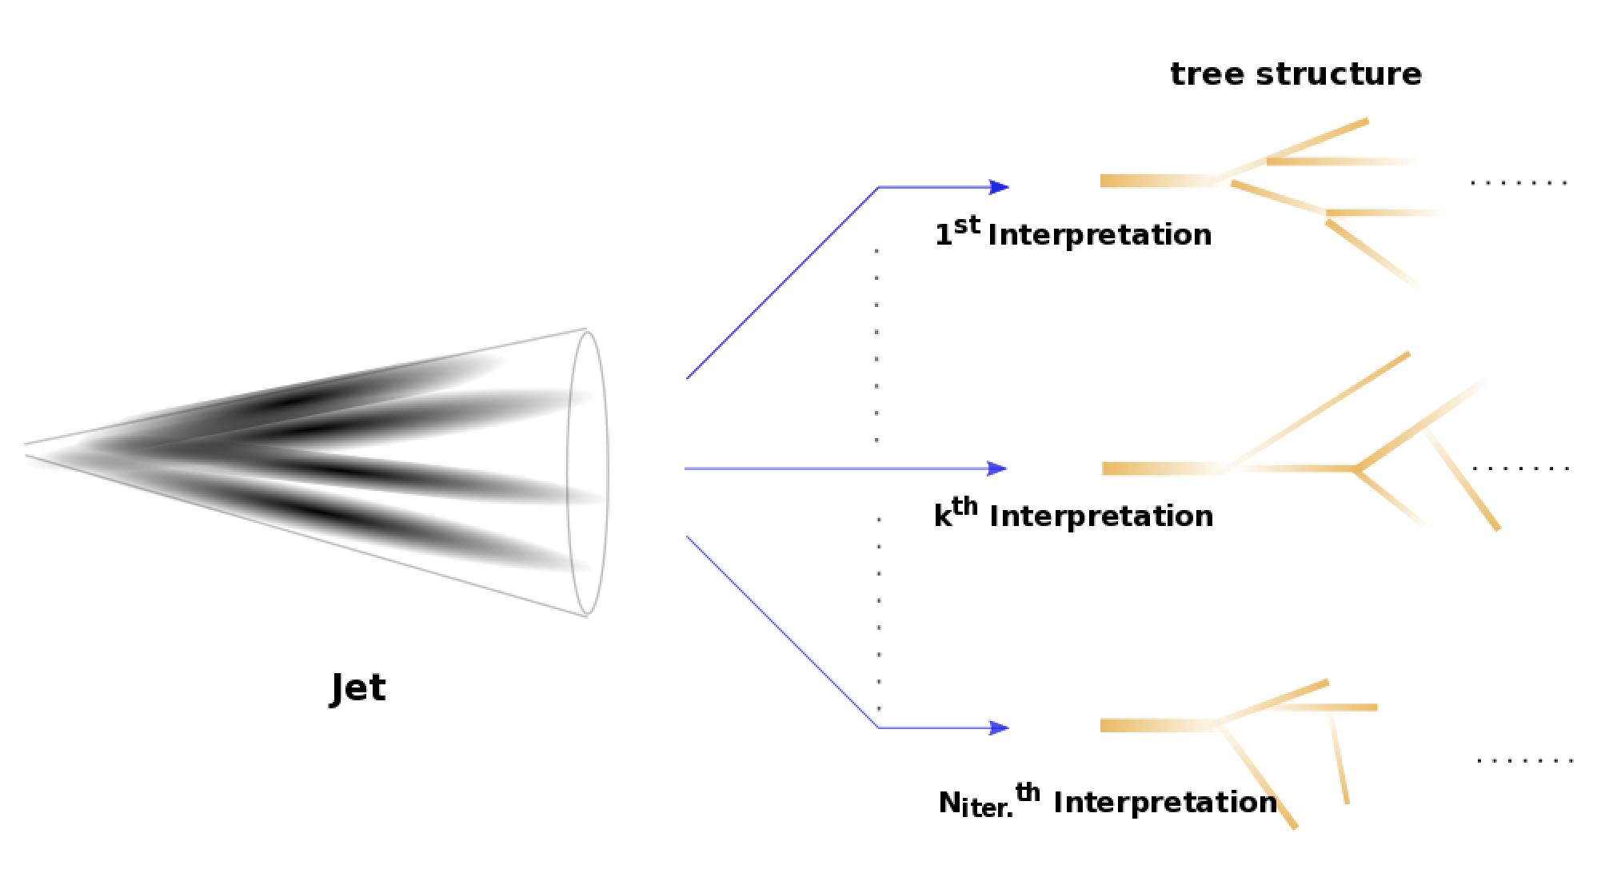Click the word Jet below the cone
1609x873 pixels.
tap(357, 688)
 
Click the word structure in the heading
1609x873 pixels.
tap(1339, 74)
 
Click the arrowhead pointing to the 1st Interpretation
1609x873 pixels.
tap(1000, 187)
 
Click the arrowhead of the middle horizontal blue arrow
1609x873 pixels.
tap(996, 468)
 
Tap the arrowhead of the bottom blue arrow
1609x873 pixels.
tap(1000, 727)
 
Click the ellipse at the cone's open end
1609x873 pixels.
tap(588, 473)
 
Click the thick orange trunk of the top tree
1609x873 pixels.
tap(1152, 181)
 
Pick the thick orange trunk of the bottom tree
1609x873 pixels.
tap(1152, 725)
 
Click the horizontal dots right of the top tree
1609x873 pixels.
tap(1519, 183)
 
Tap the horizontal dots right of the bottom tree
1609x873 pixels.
tap(1524, 760)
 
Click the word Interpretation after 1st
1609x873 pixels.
tap(1100, 235)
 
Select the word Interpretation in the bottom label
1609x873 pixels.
tap(1164, 803)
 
